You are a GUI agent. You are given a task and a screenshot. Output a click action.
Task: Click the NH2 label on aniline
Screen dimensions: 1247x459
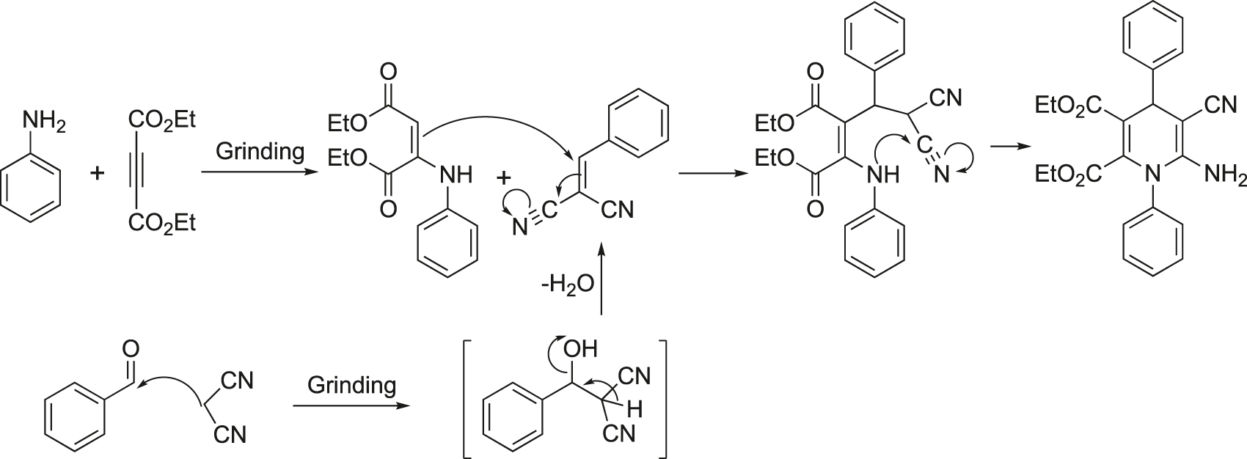[44, 122]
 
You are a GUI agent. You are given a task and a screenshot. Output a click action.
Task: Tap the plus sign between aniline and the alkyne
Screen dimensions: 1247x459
[98, 173]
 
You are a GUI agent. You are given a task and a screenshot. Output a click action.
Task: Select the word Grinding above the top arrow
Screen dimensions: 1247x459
[260, 151]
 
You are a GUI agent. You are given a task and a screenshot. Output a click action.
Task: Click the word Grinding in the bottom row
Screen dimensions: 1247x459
[352, 385]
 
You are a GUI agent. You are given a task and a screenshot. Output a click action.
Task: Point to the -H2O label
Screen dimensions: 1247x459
[567, 284]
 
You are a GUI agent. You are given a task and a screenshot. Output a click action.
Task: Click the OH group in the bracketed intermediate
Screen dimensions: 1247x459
[580, 350]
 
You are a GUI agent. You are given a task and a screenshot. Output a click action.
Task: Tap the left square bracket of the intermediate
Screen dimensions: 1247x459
[468, 398]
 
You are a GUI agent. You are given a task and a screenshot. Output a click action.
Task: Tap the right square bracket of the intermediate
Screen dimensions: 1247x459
[662, 398]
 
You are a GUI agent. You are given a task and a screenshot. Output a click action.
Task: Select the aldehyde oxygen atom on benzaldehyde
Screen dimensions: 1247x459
[131, 349]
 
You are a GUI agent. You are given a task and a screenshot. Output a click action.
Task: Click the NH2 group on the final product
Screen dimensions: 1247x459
[1225, 175]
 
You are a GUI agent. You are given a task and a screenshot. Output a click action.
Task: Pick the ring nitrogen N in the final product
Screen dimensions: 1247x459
[1153, 175]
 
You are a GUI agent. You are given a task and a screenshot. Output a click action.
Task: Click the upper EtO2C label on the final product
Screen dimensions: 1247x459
[1068, 105]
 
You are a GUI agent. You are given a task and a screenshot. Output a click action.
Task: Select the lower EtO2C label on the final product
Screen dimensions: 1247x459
[1068, 175]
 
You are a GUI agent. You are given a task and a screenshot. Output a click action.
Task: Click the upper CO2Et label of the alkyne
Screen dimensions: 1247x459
[162, 120]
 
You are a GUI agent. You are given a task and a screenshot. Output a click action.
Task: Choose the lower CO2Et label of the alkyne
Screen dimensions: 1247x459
[162, 224]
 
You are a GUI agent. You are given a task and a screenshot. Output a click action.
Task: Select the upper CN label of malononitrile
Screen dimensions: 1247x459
[237, 381]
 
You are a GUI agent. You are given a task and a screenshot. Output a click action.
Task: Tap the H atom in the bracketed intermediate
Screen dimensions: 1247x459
[634, 410]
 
